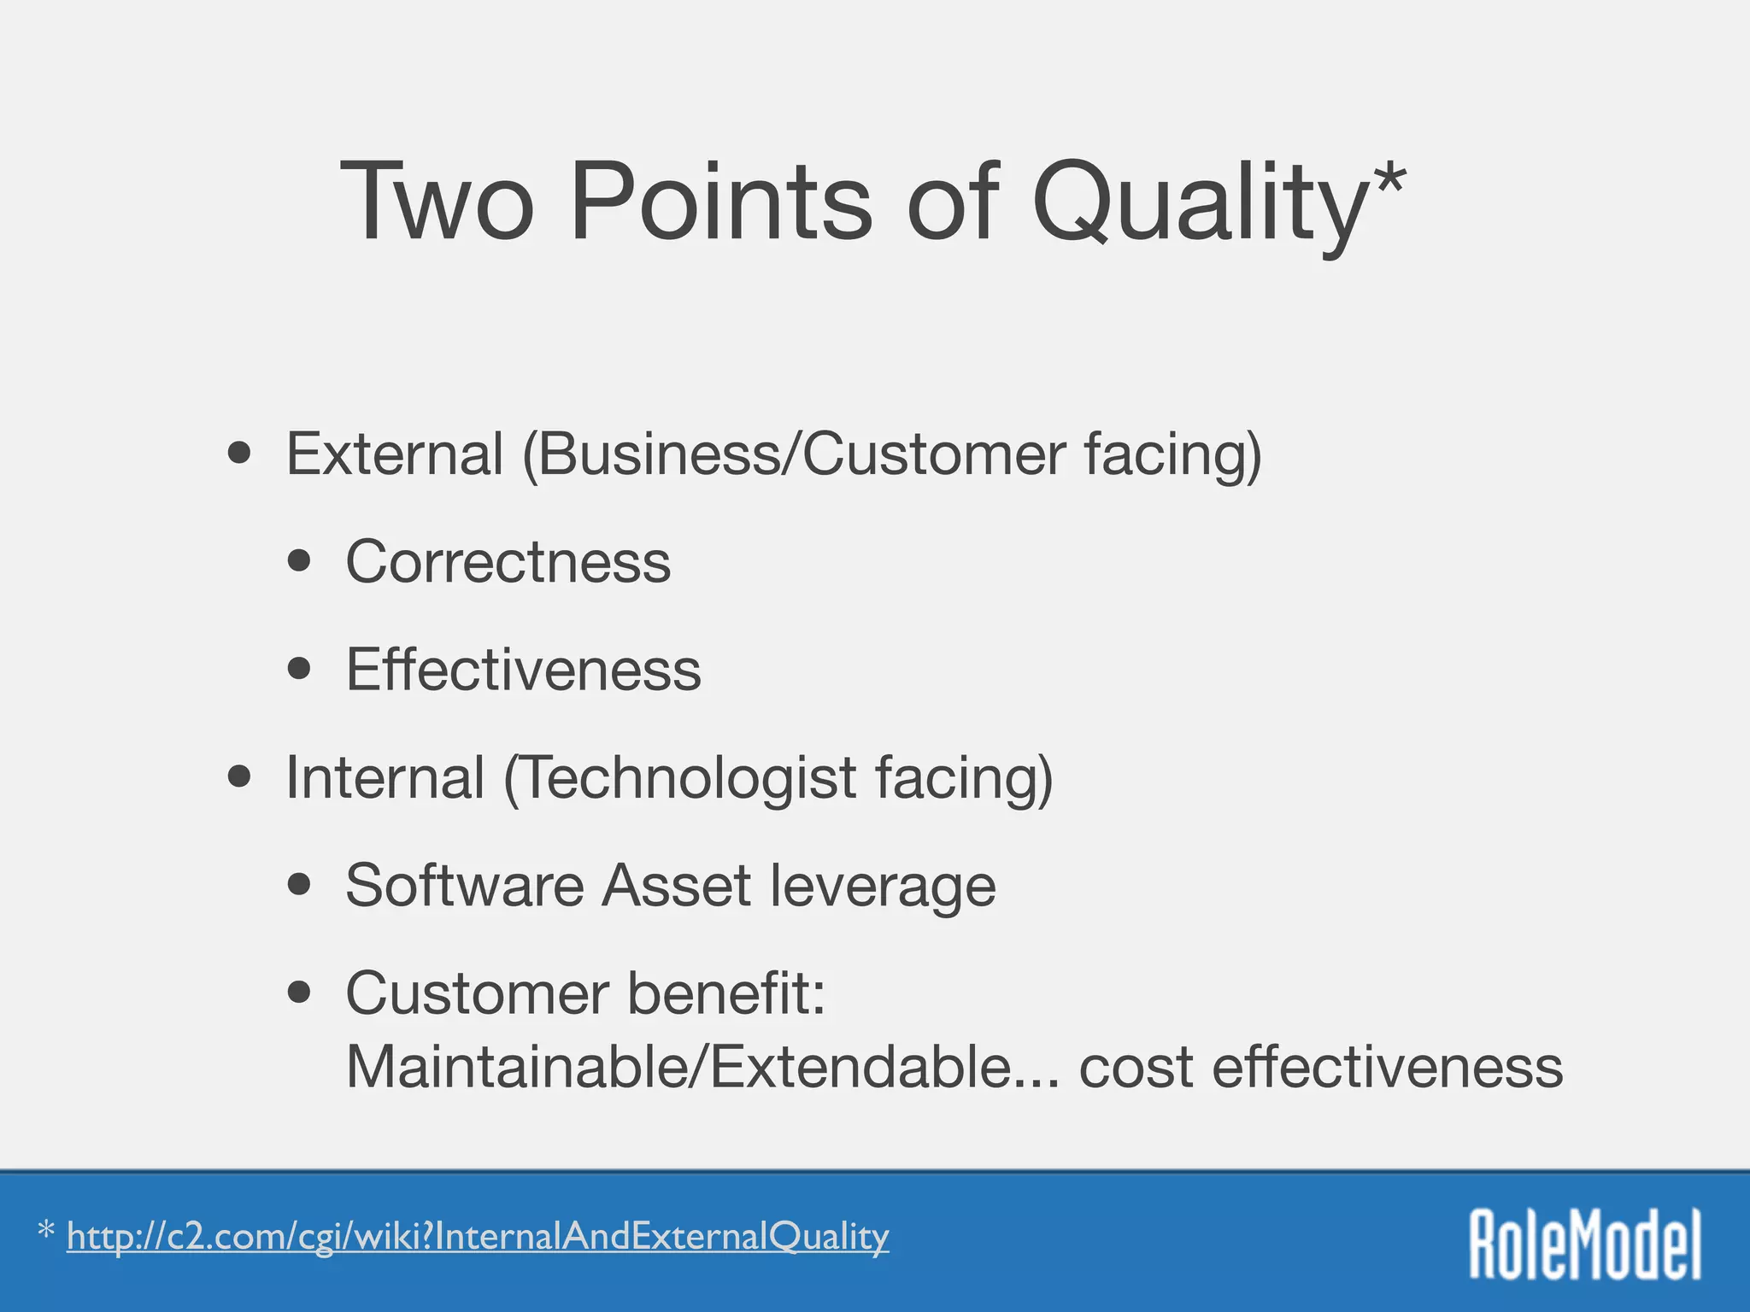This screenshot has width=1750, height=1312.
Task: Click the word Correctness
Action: coord(508,562)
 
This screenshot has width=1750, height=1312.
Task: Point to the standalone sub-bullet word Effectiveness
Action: coord(523,670)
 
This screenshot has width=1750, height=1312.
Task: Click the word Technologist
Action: coord(680,779)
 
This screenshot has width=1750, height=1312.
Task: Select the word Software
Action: coord(465,885)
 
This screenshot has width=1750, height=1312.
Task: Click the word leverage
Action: coord(882,887)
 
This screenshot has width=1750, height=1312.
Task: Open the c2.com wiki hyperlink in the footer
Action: coord(478,1237)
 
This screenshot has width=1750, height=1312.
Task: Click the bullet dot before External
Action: coord(240,454)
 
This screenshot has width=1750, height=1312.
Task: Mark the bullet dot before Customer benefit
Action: coord(299,993)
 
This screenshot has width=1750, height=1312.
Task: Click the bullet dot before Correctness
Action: coord(299,561)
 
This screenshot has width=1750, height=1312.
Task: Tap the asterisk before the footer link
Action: coord(46,1232)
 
